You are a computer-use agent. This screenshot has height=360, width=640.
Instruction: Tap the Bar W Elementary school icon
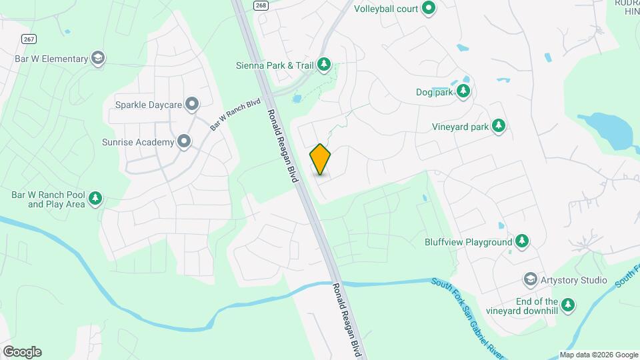point(99,59)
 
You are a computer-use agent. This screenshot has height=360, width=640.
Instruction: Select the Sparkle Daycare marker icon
point(192,103)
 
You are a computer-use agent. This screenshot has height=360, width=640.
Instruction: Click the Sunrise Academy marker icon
point(184,141)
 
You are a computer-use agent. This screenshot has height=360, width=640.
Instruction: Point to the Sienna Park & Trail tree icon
point(324,65)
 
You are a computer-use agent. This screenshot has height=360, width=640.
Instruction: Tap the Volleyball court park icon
point(429,9)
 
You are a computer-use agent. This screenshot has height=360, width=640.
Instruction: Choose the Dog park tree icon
point(463,91)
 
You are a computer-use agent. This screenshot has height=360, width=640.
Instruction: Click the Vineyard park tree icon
point(498,125)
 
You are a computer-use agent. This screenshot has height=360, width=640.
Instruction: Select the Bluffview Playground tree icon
point(523,241)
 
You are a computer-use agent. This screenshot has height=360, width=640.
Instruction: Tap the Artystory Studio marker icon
point(531,279)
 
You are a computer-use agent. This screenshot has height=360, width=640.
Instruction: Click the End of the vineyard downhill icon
point(568,305)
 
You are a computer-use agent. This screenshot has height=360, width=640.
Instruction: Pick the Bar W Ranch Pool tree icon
point(95,199)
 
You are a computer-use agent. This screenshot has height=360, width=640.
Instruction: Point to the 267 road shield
point(29,39)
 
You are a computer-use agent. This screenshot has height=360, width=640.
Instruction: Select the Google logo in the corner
point(21,352)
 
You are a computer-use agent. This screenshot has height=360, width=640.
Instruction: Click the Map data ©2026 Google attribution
point(598,355)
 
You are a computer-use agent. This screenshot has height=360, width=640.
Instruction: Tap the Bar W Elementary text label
point(51,59)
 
